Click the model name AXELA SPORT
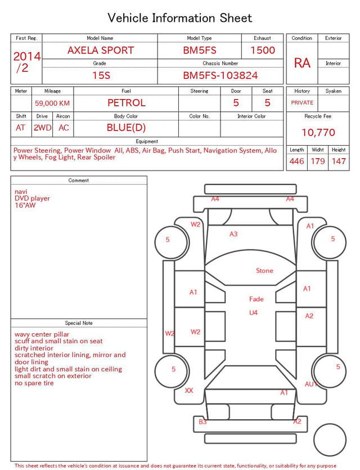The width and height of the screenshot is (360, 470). [x=101, y=50]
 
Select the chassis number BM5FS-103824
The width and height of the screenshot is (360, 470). [x=220, y=75]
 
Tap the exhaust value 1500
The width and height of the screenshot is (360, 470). [x=263, y=50]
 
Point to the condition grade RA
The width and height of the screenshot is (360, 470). [x=302, y=63]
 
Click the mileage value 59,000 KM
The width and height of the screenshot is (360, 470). [x=52, y=104]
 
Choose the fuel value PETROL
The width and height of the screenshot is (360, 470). [x=127, y=103]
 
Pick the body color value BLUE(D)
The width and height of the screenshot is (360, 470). [x=126, y=128]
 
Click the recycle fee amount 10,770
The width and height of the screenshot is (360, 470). [x=318, y=132]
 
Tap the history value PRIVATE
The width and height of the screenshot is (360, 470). [x=302, y=102]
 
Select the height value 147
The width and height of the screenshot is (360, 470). [x=339, y=161]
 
